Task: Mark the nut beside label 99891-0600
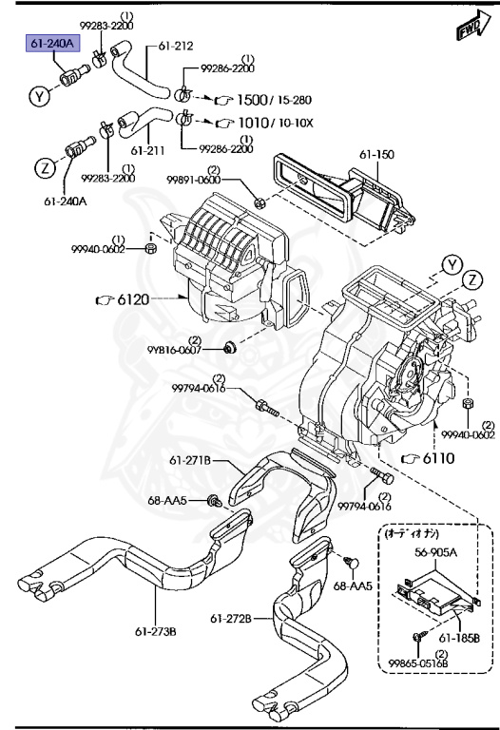260,201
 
